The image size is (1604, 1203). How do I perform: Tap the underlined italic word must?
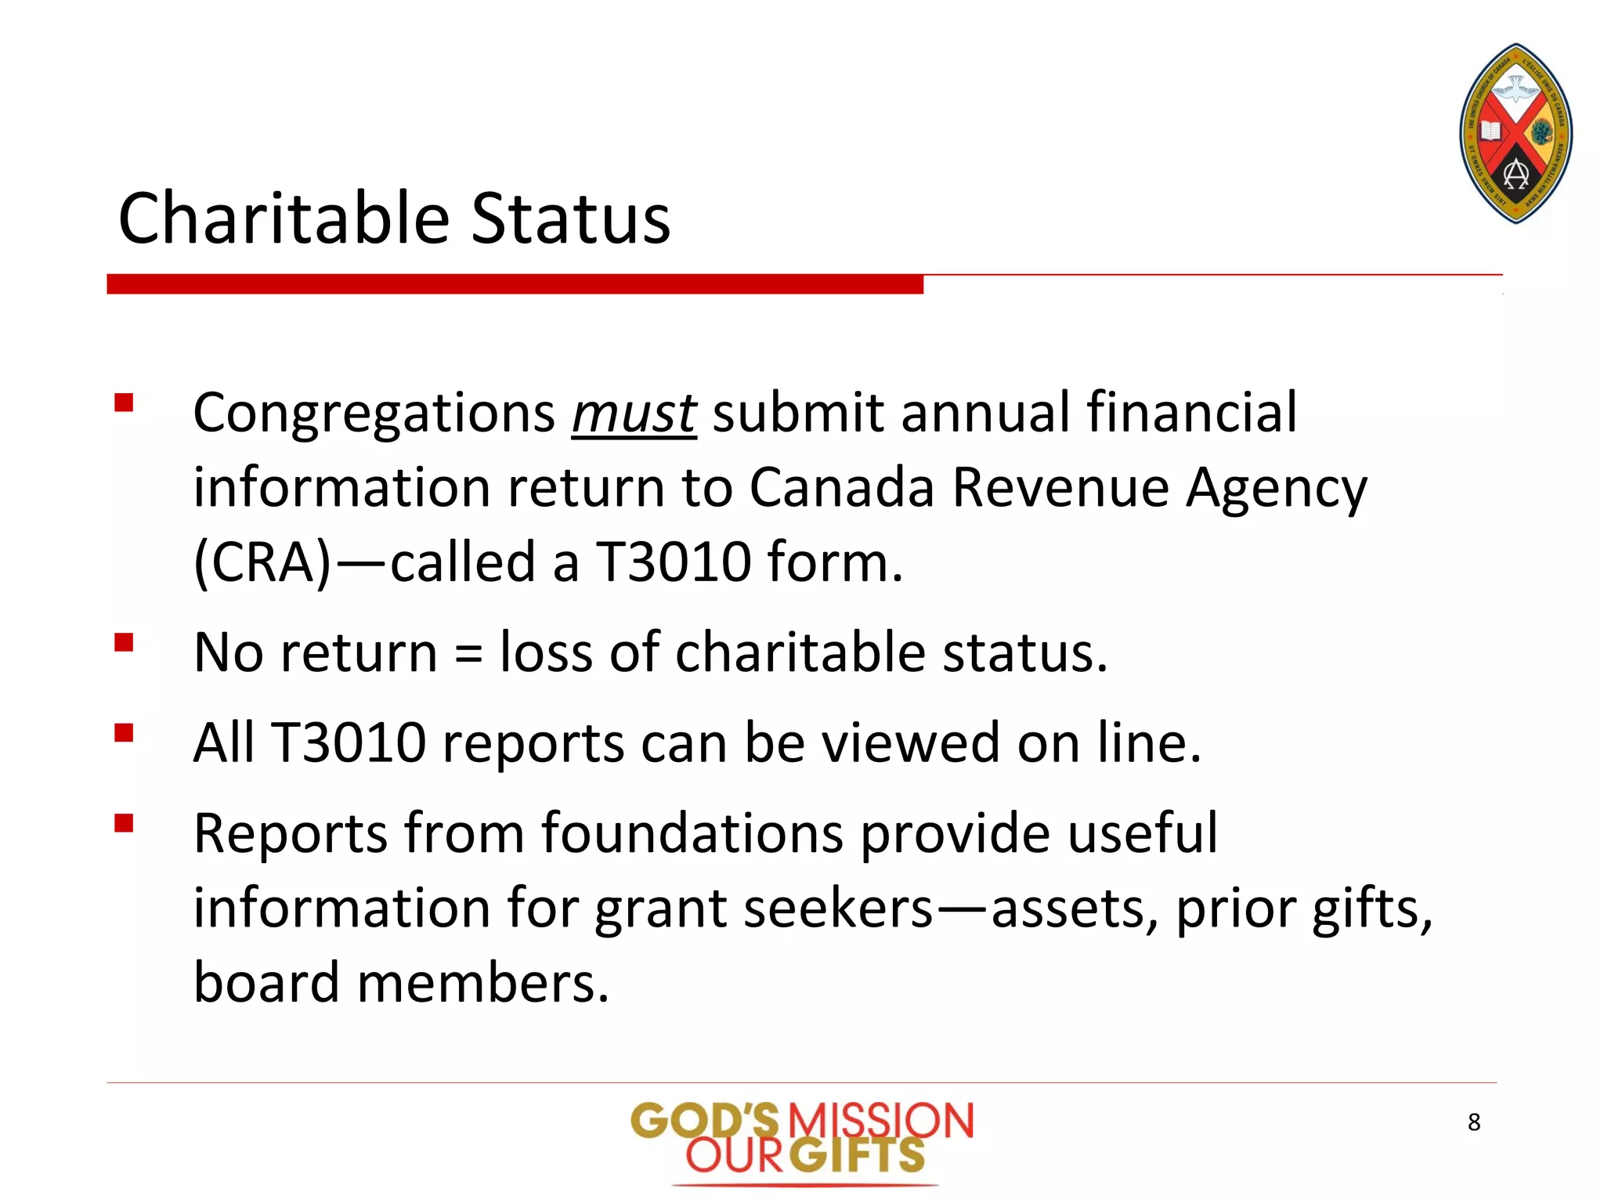point(633,413)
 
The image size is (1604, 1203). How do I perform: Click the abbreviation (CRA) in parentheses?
point(262,562)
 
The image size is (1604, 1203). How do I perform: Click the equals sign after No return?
point(468,654)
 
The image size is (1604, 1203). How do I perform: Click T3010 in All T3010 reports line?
point(348,742)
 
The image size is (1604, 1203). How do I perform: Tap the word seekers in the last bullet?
point(838,909)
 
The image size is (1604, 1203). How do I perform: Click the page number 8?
point(1473,1122)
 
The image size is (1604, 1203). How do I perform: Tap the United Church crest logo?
point(1515,133)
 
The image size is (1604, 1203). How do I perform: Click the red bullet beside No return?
point(124,643)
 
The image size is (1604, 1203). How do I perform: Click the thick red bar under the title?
point(515,284)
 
